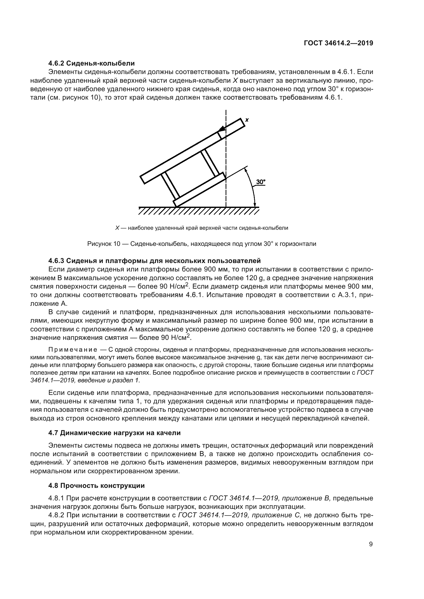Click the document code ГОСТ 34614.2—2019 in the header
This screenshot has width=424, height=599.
(x=338, y=43)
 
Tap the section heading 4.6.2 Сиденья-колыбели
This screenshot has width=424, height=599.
(x=91, y=63)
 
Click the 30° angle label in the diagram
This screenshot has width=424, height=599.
(x=260, y=182)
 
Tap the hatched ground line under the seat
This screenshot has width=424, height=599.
(x=198, y=211)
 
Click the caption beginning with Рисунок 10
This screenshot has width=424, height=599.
(x=201, y=244)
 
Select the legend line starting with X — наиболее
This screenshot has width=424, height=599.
(x=201, y=228)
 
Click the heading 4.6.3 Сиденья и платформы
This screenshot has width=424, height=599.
(x=155, y=261)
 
